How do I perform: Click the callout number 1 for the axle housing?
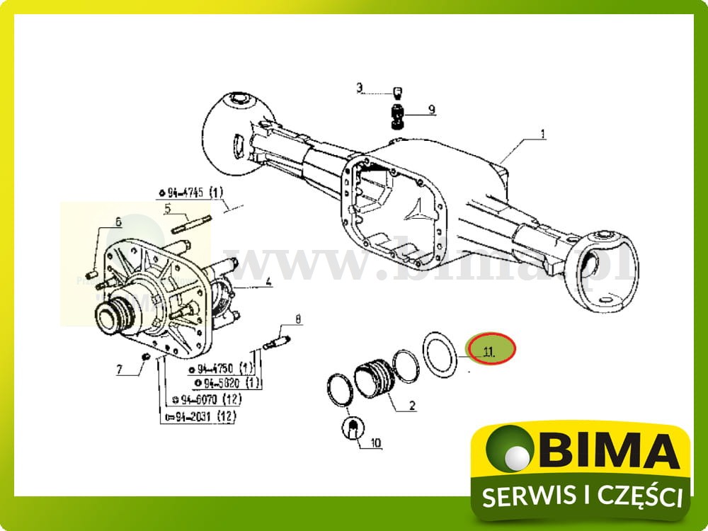[x=543, y=133]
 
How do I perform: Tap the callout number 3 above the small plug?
[x=360, y=88]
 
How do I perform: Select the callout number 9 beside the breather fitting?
[x=430, y=110]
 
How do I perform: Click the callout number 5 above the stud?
[x=168, y=208]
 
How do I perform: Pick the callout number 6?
[x=118, y=222]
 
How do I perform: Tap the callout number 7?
[x=119, y=369]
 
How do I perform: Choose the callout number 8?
[x=298, y=320]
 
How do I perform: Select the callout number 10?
[x=375, y=444]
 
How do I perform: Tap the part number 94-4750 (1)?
[x=222, y=369]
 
